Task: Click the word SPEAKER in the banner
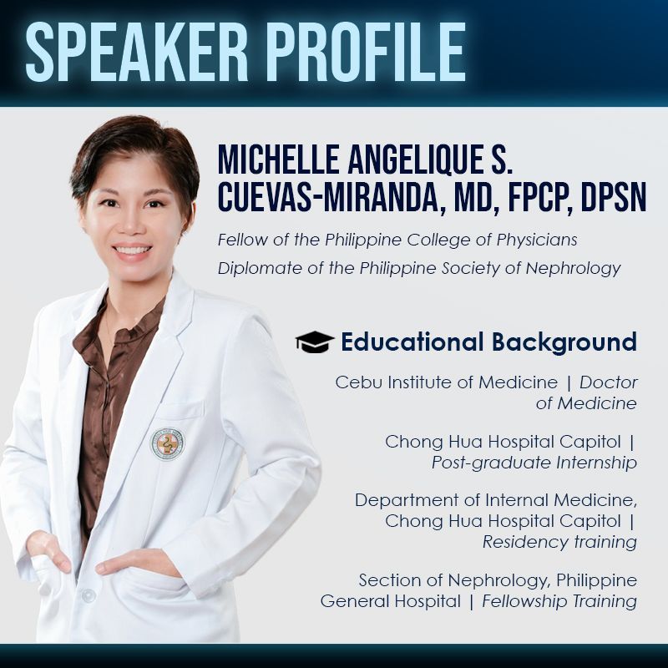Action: pos(136,52)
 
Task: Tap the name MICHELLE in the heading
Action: pos(278,159)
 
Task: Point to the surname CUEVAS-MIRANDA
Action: pos(327,198)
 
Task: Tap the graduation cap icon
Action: pos(315,342)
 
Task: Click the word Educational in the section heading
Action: pos(412,342)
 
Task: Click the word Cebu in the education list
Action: pos(352,382)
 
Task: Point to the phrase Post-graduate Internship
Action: pos(534,463)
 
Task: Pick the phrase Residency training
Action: pos(559,542)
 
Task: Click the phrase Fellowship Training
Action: pos(559,601)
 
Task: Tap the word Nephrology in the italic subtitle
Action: pos(573,269)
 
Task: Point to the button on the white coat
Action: pos(89,595)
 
